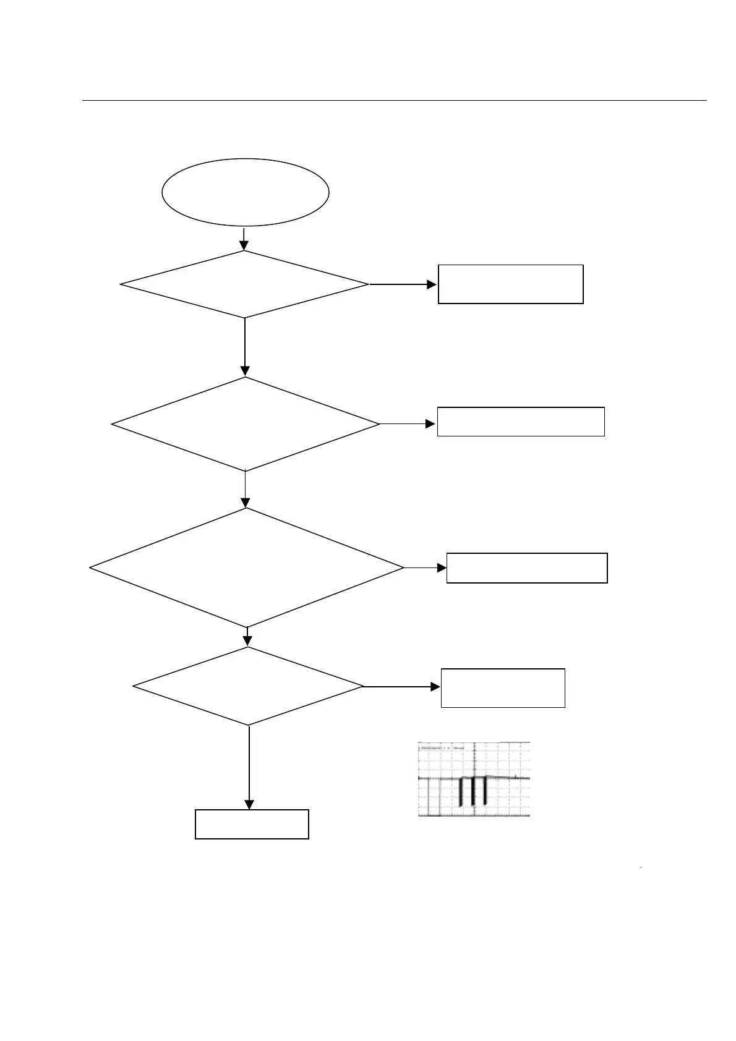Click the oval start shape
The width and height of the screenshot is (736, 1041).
[246, 192]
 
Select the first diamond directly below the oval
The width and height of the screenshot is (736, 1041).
[244, 284]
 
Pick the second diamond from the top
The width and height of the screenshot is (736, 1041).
[245, 424]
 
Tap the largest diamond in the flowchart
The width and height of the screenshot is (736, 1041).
[246, 567]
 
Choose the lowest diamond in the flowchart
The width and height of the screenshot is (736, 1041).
[248, 686]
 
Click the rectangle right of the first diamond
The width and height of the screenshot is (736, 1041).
[510, 284]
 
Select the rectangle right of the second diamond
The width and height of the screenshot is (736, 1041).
[521, 422]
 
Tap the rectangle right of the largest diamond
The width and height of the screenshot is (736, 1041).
[527, 567]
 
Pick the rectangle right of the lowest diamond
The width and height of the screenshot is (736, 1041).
[503, 687]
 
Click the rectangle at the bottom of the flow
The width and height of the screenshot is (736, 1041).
[252, 824]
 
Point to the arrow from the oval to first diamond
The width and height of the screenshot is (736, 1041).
[244, 239]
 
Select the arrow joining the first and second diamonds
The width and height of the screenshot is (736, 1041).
[245, 347]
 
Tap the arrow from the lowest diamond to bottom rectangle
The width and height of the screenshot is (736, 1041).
[249, 767]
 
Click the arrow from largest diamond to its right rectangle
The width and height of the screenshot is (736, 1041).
[425, 567]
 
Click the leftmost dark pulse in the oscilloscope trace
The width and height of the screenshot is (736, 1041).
[461, 792]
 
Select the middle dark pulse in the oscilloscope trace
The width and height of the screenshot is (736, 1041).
[473, 791]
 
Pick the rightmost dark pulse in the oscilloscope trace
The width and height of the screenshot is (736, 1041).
[484, 791]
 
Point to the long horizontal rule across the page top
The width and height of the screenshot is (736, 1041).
[395, 100]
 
